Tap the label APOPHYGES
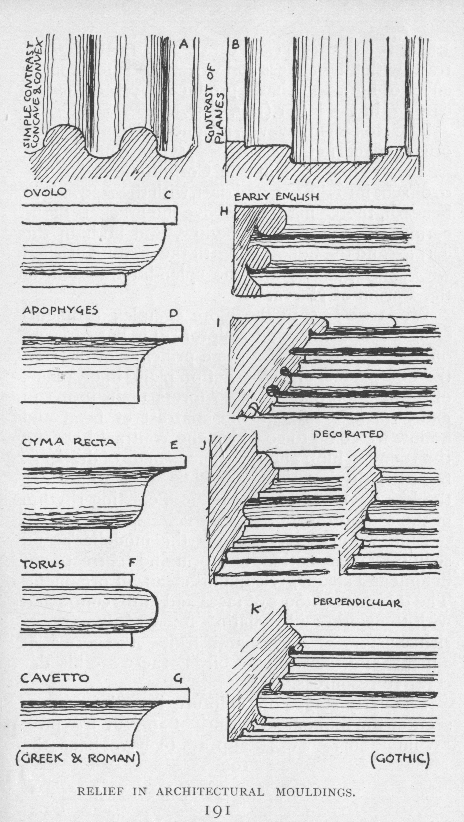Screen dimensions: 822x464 point(60,311)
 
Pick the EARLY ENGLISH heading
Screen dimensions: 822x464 point(277,197)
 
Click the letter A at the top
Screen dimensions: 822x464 point(183,44)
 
